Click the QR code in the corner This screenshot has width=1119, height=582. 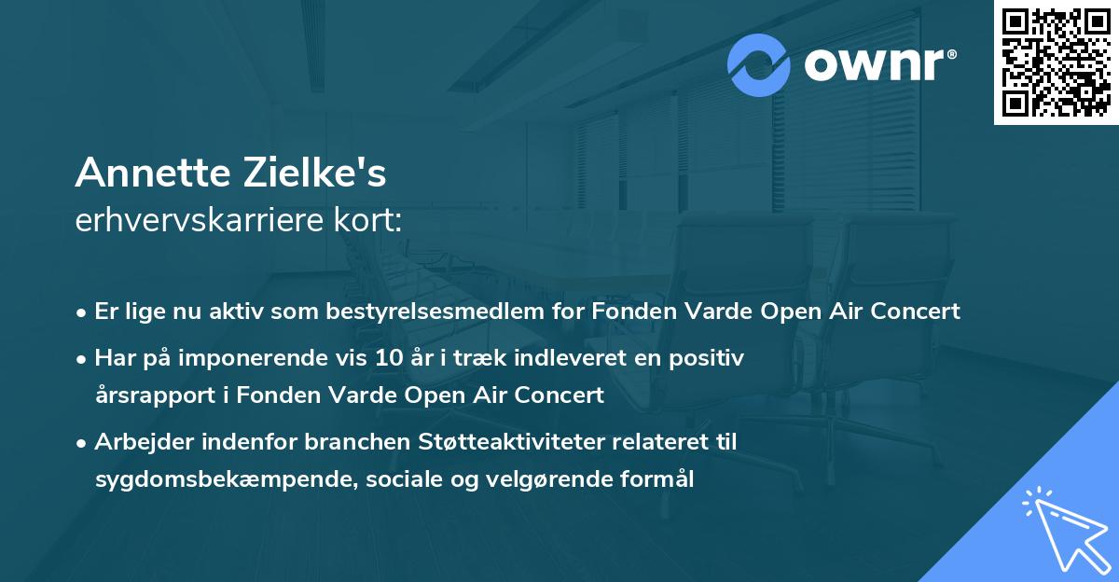tap(1056, 62)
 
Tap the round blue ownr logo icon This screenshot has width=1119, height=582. tap(759, 65)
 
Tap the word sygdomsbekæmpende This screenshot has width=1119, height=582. tap(201, 479)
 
